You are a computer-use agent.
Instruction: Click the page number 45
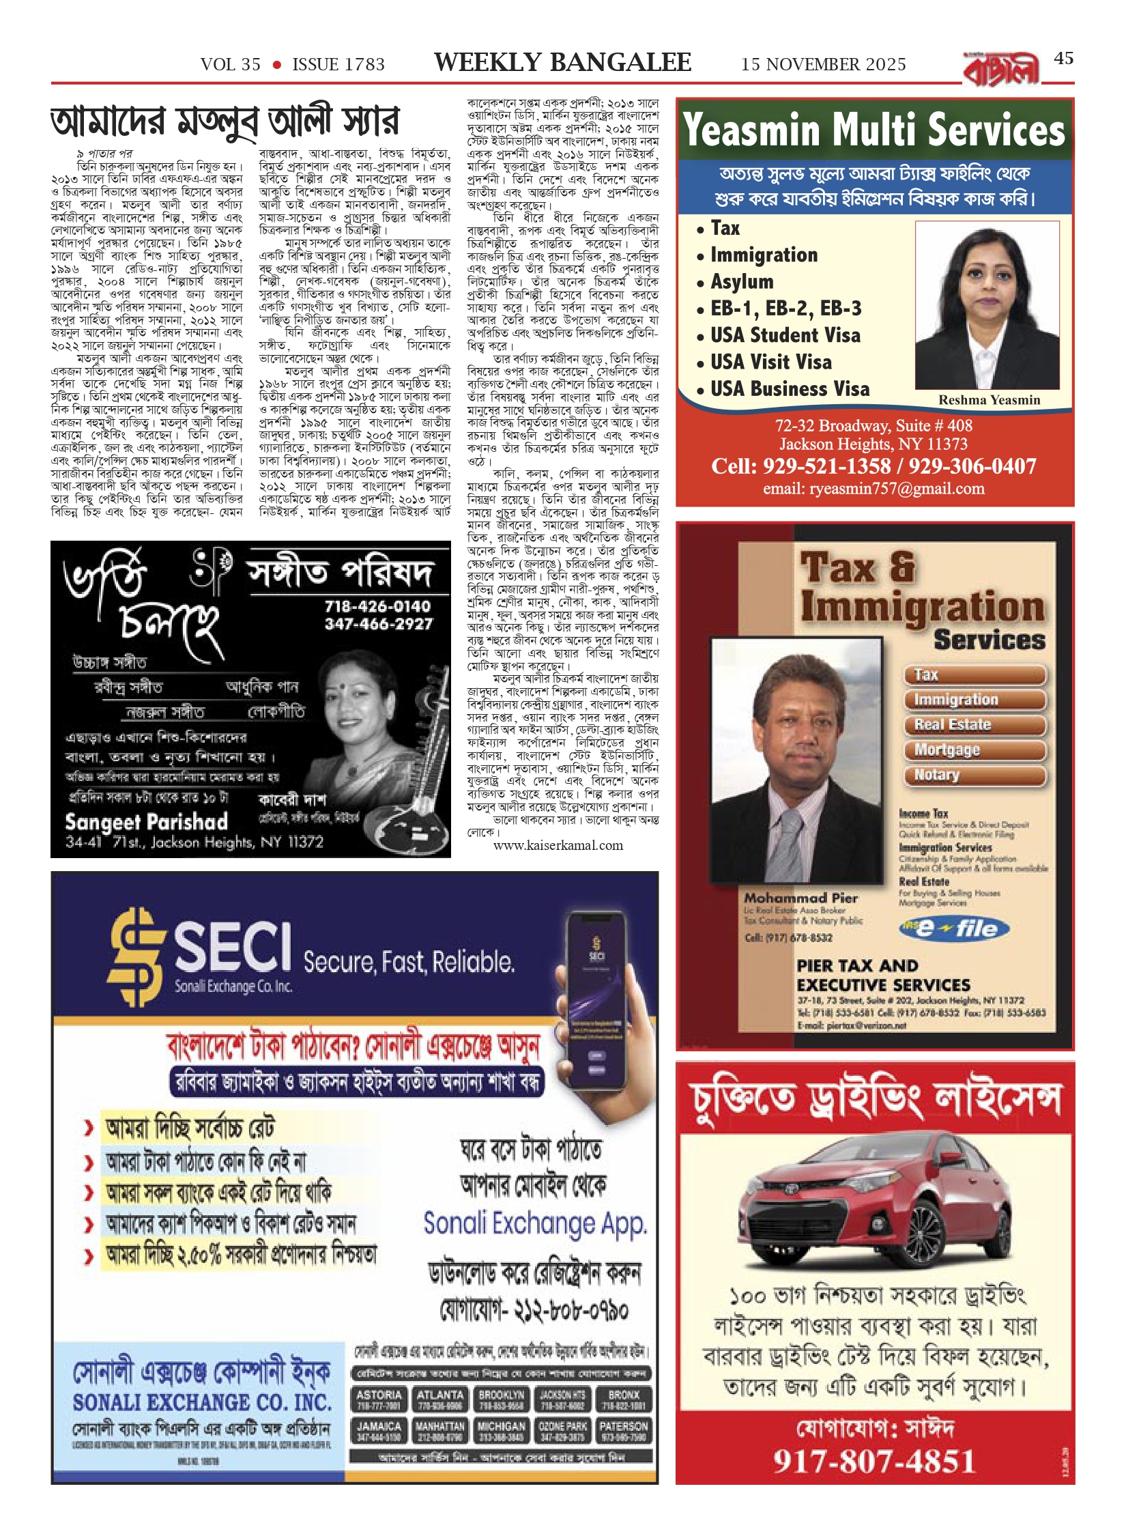tap(1063, 59)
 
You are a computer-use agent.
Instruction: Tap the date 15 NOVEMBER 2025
tap(823, 65)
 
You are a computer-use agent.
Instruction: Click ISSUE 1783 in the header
tap(338, 65)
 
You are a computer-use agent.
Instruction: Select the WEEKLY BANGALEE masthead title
tap(562, 63)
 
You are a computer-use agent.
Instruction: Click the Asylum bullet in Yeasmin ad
tap(742, 281)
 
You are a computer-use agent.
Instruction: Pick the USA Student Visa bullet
tap(785, 335)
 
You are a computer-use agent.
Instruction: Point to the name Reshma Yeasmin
tap(989, 400)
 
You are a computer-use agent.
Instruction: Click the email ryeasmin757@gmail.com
tap(874, 489)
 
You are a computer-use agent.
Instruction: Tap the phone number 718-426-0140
tap(377, 606)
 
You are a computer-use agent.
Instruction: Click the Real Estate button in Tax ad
tap(975, 724)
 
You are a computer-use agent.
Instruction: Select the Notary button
tap(975, 775)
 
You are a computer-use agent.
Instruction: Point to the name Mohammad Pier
tap(800, 898)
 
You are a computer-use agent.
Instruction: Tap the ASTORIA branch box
tap(379, 1399)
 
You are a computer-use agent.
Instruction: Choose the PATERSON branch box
tap(623, 1431)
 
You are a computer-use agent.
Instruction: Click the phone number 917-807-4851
tap(874, 1462)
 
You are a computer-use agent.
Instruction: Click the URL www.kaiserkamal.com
tap(558, 845)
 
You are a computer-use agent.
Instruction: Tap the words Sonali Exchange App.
tap(534, 1223)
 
